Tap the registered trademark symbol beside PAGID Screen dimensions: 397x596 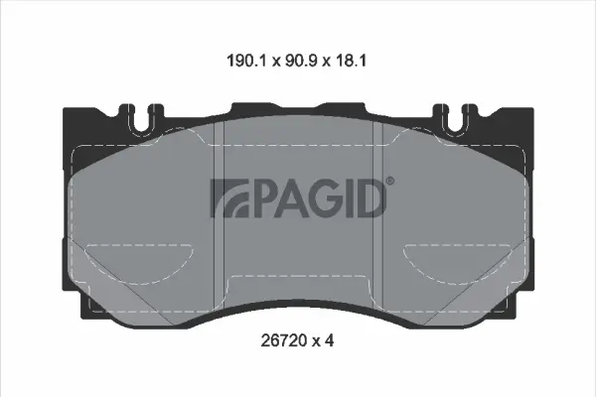pyautogui.click(x=389, y=181)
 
